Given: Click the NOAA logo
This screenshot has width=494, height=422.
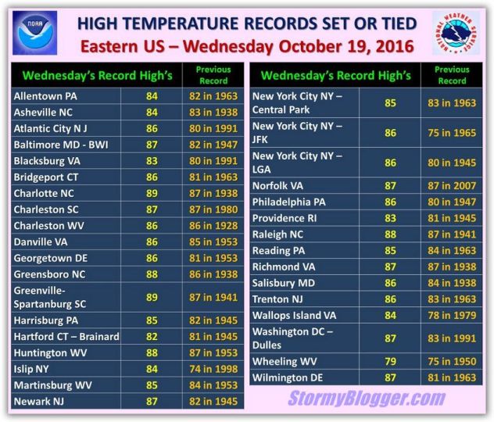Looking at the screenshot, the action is (x=34, y=33).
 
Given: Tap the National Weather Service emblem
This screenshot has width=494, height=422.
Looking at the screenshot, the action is (x=456, y=33).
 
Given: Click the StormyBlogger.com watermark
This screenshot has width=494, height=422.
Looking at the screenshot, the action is (x=367, y=398).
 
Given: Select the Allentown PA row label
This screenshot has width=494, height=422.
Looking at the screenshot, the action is (x=45, y=96).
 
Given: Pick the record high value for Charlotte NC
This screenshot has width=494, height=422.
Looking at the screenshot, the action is (x=152, y=193).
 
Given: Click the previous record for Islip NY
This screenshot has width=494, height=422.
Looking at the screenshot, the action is (x=213, y=369).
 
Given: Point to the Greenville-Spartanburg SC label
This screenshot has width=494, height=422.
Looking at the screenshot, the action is (x=50, y=297).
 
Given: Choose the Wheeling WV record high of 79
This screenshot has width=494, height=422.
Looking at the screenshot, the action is (x=390, y=361).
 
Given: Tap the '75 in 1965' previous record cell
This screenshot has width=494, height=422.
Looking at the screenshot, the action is (x=452, y=133).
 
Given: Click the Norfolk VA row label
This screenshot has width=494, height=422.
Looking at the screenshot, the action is (x=277, y=186).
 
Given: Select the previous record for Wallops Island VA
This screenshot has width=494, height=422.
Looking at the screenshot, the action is (x=452, y=315).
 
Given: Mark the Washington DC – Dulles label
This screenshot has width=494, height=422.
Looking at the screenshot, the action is (x=292, y=338).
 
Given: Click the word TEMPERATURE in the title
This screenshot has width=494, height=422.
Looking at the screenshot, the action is (x=181, y=23).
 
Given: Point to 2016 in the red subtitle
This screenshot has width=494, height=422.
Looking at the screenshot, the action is (x=395, y=46).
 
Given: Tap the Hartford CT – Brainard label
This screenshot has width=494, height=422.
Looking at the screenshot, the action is (x=66, y=337).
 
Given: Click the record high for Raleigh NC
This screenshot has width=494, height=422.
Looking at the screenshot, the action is (x=390, y=234).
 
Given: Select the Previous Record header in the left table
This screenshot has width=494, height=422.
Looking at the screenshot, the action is (x=213, y=75).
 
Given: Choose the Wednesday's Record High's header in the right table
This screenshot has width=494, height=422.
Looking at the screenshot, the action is (x=336, y=76).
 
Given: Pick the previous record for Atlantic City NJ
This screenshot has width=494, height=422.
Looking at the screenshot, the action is (x=213, y=128).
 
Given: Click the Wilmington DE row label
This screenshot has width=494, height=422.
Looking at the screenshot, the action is (x=288, y=377).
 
